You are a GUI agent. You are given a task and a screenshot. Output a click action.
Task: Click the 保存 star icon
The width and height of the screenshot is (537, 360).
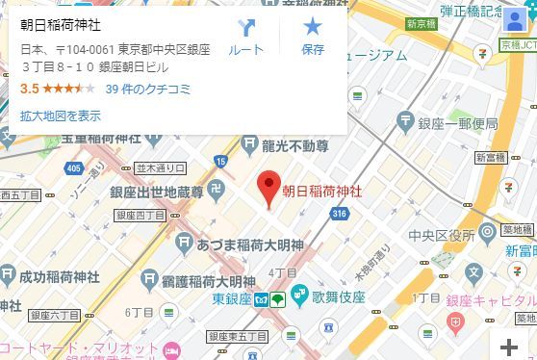tap(313, 36)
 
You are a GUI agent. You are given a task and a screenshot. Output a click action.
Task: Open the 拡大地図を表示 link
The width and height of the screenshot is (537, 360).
tap(60, 116)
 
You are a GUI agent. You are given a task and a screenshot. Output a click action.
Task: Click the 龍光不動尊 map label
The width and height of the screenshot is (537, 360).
tap(295, 146)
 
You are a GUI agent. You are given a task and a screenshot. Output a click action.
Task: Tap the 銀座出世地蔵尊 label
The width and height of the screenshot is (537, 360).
tap(156, 193)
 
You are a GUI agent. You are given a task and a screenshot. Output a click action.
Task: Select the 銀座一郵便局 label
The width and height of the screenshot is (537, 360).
tap(457, 124)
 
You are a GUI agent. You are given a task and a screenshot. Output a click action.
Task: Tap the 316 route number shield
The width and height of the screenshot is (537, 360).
tap(337, 214)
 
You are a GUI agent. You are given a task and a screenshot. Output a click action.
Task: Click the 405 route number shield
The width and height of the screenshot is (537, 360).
tap(74, 169)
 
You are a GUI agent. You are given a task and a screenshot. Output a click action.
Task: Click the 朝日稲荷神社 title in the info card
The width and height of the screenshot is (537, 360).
tap(62, 24)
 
